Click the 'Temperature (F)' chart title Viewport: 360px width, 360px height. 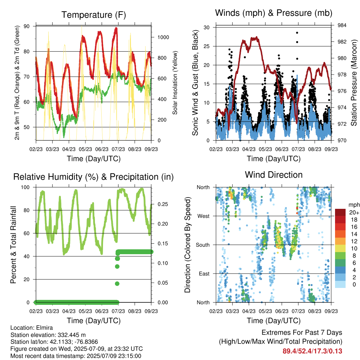(x=94, y=15)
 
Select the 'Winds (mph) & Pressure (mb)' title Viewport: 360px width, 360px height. (x=274, y=13)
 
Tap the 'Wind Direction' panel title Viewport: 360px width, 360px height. (x=274, y=175)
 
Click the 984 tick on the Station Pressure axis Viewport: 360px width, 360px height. (x=342, y=25)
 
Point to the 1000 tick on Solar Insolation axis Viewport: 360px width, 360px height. (x=163, y=37)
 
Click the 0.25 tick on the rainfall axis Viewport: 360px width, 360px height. (x=163, y=204)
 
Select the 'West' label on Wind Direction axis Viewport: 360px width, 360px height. (x=204, y=216)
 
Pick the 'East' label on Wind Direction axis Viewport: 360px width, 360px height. (x=204, y=274)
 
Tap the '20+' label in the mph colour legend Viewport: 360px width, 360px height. (x=354, y=212)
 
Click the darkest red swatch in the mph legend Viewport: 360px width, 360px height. (x=340, y=212)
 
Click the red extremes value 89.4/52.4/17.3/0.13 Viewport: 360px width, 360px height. (x=312, y=351)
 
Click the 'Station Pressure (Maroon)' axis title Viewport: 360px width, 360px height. (x=354, y=83)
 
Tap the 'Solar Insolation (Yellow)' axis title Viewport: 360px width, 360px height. (x=175, y=83)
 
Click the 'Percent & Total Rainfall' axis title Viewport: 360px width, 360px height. (x=13, y=245)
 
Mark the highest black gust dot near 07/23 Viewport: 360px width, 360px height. (x=297, y=33)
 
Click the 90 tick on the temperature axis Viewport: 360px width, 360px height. (x=27, y=26)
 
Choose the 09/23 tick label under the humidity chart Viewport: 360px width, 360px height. (x=151, y=311)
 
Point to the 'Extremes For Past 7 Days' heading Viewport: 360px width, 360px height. (x=302, y=333)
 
